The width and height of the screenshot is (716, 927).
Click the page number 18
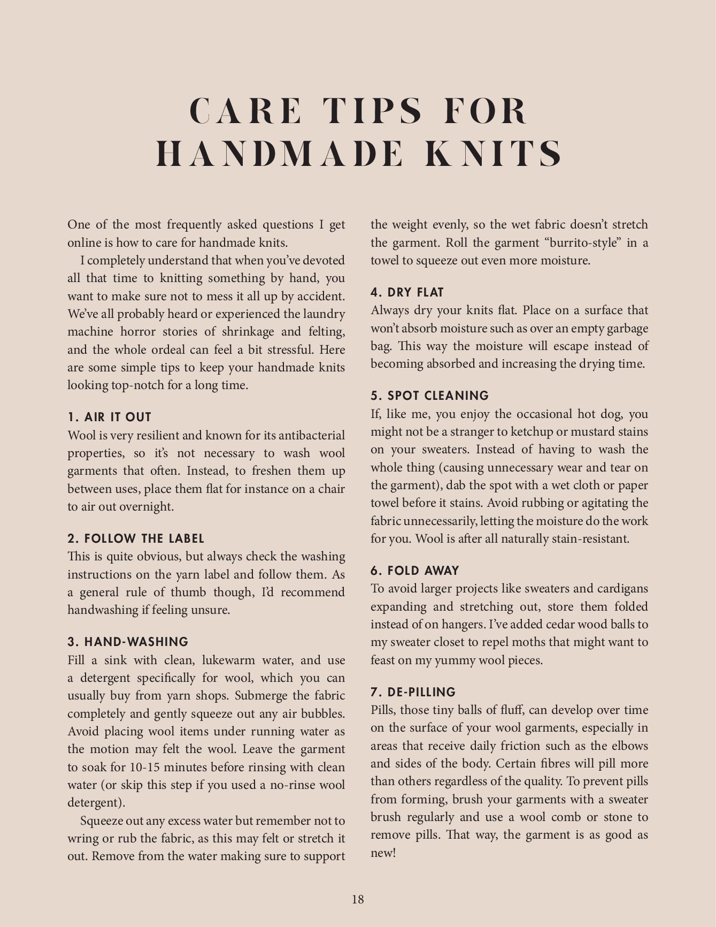tap(358, 899)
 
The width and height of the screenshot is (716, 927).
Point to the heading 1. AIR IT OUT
tap(110, 417)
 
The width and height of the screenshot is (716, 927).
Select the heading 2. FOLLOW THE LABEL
tap(136, 538)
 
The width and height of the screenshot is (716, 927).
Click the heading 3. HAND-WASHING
tap(128, 642)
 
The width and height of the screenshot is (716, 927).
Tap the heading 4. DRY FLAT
tap(407, 292)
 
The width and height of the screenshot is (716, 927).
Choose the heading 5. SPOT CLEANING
tap(430, 396)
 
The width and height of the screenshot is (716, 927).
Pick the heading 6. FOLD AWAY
tap(415, 571)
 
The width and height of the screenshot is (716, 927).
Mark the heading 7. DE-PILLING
tap(413, 692)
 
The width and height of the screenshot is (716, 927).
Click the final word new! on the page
tap(383, 853)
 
